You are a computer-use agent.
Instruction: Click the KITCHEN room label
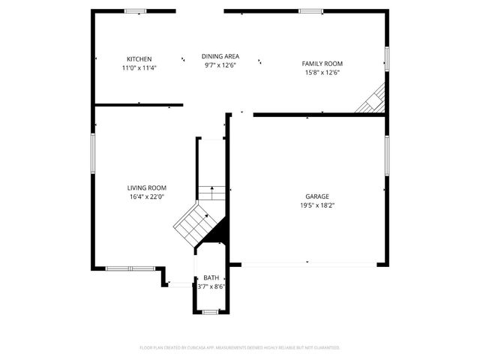[x=139, y=58]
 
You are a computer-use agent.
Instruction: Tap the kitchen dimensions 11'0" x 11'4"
[x=139, y=67]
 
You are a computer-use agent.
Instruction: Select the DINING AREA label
[x=220, y=56]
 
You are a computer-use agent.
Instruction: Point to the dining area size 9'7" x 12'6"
[x=220, y=65]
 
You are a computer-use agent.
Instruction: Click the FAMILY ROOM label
[x=322, y=64]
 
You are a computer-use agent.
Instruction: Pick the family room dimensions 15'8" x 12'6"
[x=322, y=73]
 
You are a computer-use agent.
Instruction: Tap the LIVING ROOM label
[x=146, y=187]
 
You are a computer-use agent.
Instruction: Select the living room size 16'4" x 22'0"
[x=146, y=196]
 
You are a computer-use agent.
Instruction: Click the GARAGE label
[x=316, y=196]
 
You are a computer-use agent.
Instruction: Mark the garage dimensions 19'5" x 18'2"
[x=316, y=205]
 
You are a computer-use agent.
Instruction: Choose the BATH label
[x=211, y=278]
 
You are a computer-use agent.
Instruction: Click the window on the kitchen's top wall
[x=136, y=10]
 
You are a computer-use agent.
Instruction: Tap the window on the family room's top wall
[x=310, y=10]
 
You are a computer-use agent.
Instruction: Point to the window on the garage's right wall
[x=387, y=157]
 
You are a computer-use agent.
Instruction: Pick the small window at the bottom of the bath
[x=211, y=311]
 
